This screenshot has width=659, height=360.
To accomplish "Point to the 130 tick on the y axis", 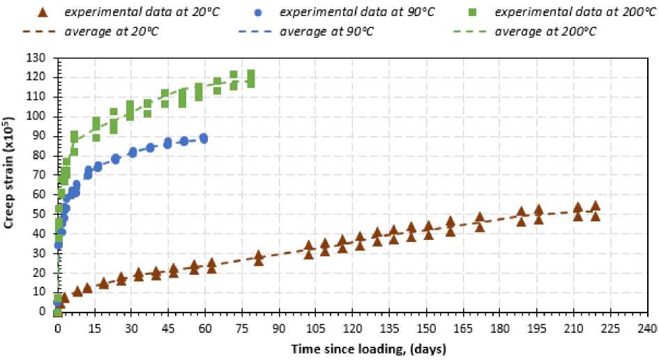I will tap(41, 59).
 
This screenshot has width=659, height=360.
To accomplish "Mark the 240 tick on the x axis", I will tap(647, 328).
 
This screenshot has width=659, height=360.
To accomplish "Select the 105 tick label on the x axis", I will tap(316, 328).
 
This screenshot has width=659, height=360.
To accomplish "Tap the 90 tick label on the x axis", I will tap(279, 328).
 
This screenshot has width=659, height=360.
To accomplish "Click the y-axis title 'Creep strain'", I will tap(13, 186).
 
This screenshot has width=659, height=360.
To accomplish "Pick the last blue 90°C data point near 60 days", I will tap(203, 138).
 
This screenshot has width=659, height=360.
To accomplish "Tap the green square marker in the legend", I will tap(462, 11).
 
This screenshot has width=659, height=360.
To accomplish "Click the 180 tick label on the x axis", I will tap(500, 328).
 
